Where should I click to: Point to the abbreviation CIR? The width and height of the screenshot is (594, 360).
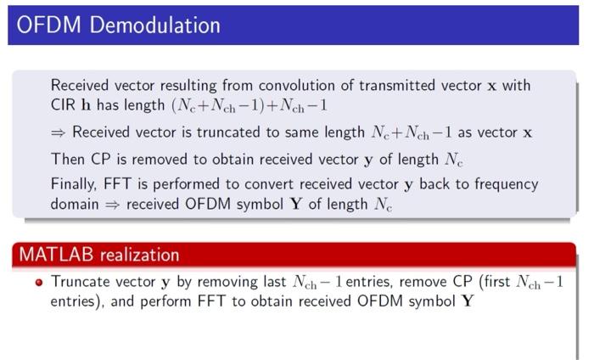pyautogui.click(x=64, y=106)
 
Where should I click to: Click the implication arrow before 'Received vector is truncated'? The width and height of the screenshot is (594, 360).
pyautogui.click(x=59, y=133)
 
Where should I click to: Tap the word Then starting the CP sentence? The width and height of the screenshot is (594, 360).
pyautogui.click(x=67, y=160)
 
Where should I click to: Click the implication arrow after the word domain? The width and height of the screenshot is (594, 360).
pyautogui.click(x=113, y=205)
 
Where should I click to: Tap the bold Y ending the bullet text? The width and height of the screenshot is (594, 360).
pyautogui.click(x=466, y=301)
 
